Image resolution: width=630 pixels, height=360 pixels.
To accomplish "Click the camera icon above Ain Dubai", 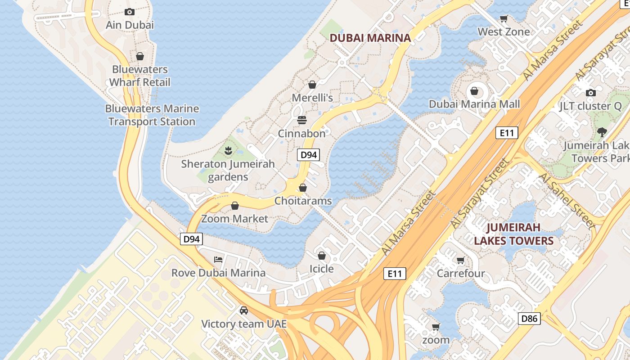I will (130, 12).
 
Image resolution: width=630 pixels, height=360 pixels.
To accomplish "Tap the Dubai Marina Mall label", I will (474, 104).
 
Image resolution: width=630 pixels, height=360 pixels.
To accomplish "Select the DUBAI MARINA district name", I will (370, 38).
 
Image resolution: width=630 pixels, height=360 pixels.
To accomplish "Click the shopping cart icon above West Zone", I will (504, 18).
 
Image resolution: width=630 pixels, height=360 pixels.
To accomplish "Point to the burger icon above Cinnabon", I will (301, 120).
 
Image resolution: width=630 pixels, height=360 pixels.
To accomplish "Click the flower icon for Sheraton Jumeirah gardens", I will (228, 150).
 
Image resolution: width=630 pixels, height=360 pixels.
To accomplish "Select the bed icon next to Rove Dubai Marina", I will (218, 259).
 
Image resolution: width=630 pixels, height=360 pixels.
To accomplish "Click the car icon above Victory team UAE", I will (243, 310).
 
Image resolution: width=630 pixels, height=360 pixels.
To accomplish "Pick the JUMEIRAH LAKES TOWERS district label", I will (513, 234).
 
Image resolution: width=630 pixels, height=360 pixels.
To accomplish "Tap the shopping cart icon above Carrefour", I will (460, 260).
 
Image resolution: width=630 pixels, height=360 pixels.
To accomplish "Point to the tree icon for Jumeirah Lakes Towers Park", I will (602, 132).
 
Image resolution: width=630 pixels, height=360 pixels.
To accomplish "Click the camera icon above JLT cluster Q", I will (590, 93).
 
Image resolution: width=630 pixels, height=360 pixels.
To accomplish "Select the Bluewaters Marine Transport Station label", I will (152, 115).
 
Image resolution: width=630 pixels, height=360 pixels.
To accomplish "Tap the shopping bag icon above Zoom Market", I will (234, 206).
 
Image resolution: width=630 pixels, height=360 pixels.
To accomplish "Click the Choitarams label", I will (303, 201).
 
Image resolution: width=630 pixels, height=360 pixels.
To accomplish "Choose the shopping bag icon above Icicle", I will (321, 256).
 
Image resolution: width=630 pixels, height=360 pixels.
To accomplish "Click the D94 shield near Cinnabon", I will (308, 155).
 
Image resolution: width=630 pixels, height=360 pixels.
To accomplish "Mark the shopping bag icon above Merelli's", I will (312, 84).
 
